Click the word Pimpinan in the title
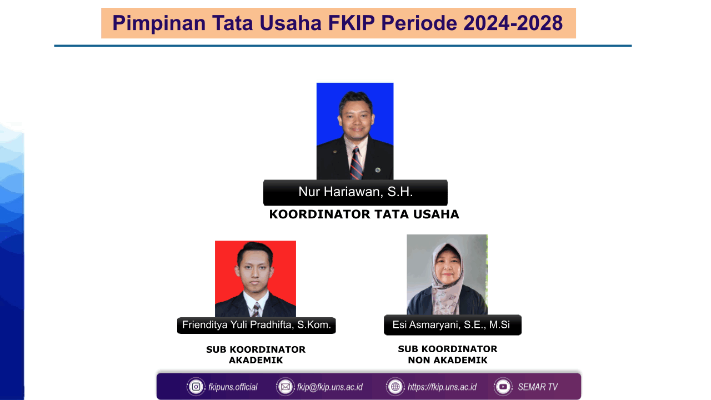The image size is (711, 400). coord(159,23)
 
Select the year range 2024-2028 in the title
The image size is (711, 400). coord(513,23)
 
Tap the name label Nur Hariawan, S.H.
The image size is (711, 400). coord(355,192)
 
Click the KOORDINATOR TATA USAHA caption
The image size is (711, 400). coord(364,214)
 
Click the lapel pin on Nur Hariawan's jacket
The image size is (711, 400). coord(378,170)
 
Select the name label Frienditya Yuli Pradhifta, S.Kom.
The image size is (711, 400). coord(257,325)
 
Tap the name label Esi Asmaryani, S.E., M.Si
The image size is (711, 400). coord(452,325)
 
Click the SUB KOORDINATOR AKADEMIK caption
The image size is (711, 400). coord(256,354)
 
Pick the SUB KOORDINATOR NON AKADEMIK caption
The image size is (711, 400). coord(448,354)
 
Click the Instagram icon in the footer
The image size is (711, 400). coord(196,387)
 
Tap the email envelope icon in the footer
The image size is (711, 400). coord(286,387)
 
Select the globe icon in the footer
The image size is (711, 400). coord(395,387)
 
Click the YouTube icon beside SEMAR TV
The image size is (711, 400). coord(503,387)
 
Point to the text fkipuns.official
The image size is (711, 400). coord(233,387)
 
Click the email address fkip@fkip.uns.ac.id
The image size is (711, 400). coord(330,387)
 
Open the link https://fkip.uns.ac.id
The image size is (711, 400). coord(442,387)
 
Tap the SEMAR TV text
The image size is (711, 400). coord(538,387)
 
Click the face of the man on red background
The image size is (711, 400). coord(255,271)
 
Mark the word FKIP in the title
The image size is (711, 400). coord(352,23)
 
